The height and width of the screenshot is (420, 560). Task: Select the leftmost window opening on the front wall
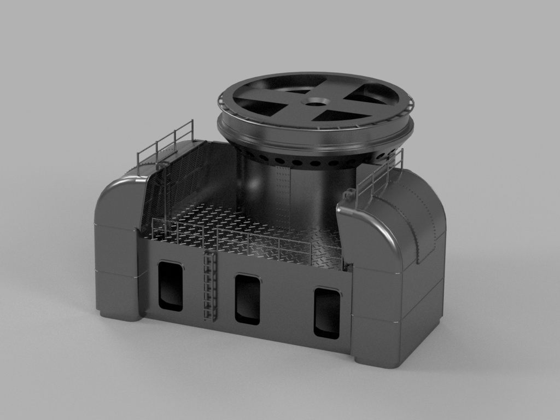pos(170,285)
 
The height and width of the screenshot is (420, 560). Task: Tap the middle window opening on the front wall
pos(247,299)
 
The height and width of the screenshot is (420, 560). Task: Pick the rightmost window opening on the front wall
pos(326,312)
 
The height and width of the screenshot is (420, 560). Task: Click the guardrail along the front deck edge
pos(246,241)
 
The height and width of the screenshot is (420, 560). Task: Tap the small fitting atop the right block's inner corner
pos(348,192)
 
